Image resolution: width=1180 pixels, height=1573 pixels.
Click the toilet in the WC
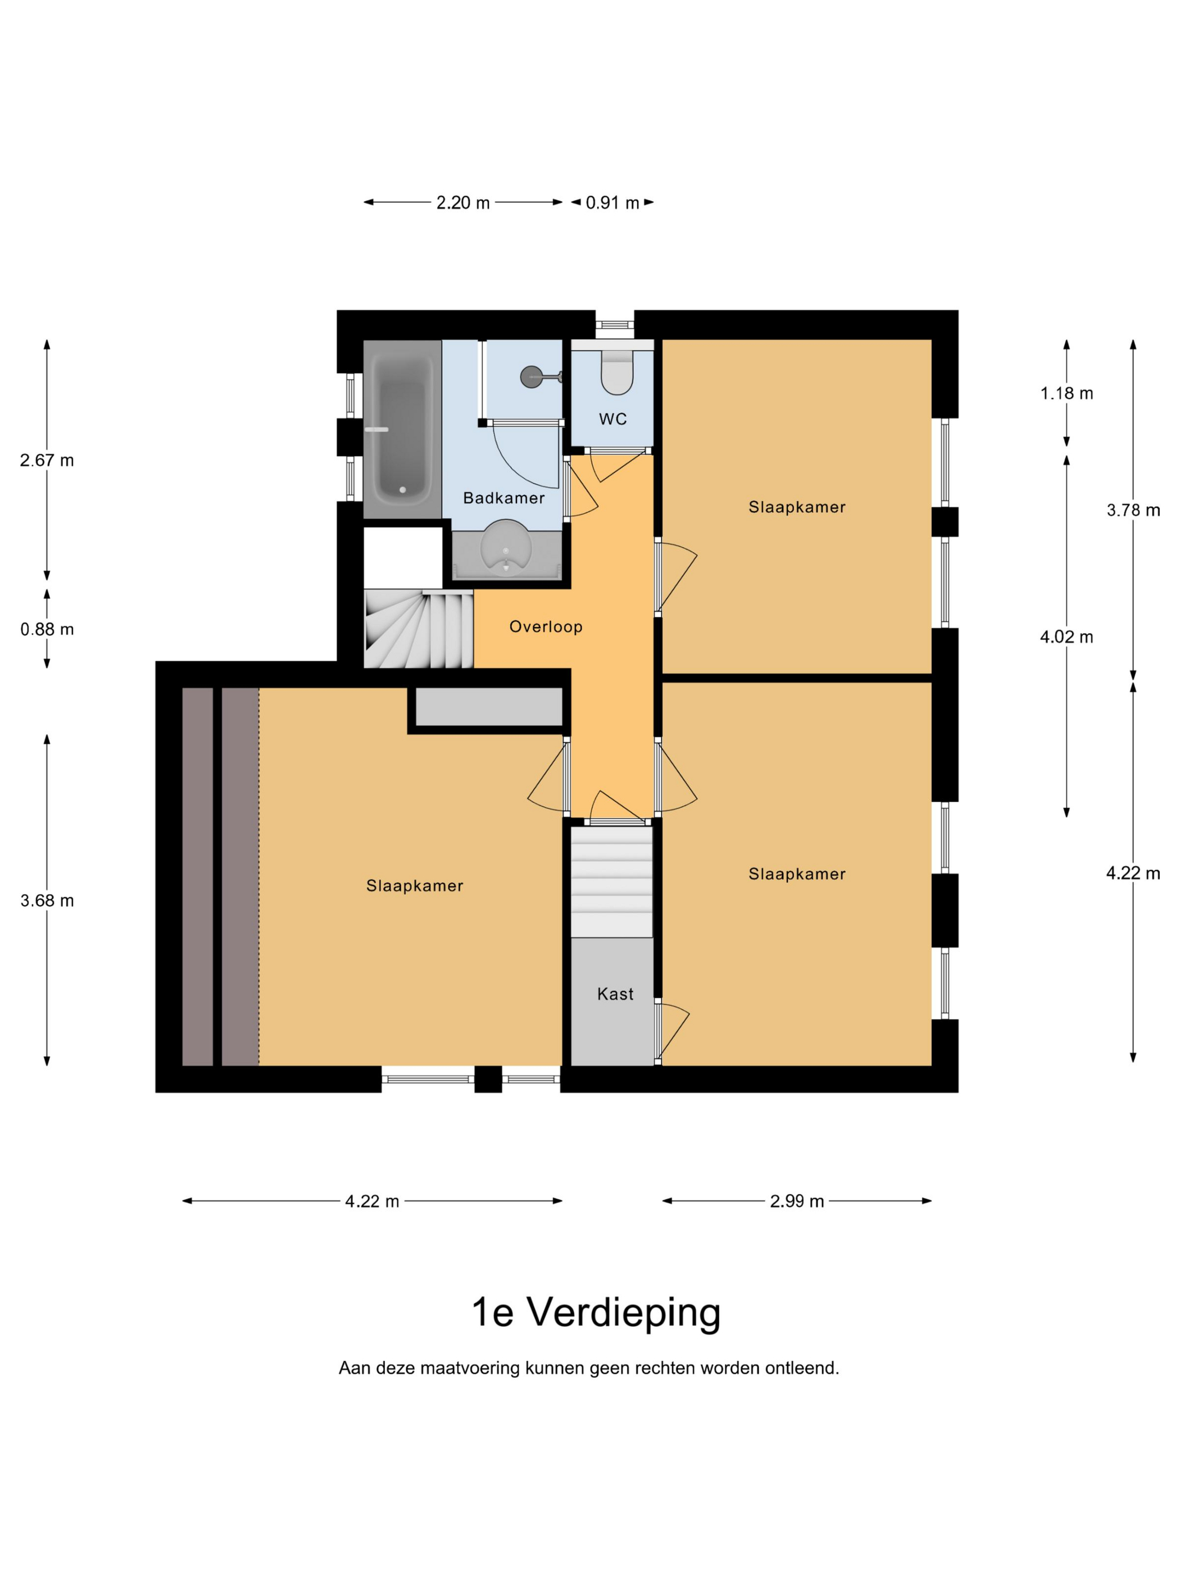point(616,372)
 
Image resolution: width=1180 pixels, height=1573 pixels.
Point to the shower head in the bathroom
point(538,376)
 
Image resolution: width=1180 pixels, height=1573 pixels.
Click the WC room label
point(612,419)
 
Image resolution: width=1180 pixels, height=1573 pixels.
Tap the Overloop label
point(546,626)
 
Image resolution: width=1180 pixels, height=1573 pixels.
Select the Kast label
point(615,993)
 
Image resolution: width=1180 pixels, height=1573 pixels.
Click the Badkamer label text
point(503,498)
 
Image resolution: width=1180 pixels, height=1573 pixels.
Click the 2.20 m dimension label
point(463,203)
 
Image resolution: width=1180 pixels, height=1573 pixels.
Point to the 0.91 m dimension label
point(612,203)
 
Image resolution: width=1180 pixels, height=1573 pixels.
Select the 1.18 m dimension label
point(1066,393)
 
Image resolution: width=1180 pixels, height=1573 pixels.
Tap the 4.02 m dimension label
point(1066,637)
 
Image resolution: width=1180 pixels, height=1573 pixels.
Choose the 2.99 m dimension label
point(797,1201)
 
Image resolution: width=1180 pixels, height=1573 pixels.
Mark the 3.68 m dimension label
point(47,901)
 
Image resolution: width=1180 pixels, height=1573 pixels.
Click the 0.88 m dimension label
point(47,629)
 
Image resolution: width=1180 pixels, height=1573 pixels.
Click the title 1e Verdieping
point(596,1313)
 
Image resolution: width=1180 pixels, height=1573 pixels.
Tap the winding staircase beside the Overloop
point(418,629)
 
